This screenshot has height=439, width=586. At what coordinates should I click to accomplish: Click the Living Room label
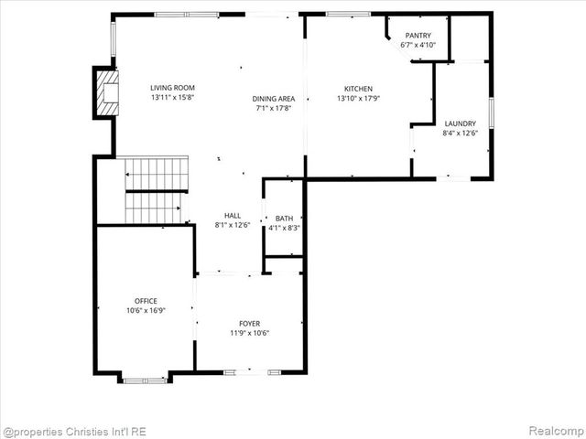[173, 88]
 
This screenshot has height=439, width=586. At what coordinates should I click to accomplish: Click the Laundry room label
[460, 123]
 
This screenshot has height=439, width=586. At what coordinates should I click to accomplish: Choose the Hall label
[233, 215]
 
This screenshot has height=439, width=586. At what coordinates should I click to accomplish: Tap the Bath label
[285, 219]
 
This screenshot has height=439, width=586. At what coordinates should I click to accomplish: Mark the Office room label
[146, 300]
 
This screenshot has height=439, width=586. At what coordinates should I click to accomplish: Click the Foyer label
[249, 323]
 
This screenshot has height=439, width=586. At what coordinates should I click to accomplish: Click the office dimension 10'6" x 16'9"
[146, 310]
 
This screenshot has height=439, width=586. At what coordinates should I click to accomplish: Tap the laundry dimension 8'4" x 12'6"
[460, 134]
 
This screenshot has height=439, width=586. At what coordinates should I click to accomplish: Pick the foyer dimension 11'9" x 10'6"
[249, 333]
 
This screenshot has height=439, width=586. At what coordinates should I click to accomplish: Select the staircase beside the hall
[156, 190]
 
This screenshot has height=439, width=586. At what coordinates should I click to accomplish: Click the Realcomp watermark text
[552, 431]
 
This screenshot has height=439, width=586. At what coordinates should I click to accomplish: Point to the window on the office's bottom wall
[145, 378]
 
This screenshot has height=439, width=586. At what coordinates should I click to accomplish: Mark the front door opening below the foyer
[249, 371]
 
